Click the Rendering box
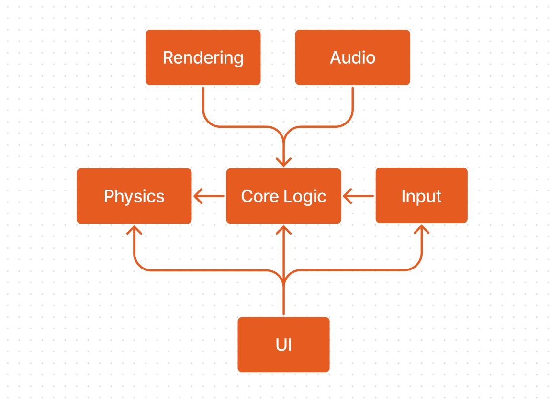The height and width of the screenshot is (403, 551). (x=203, y=57)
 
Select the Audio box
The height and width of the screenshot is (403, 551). (x=352, y=57)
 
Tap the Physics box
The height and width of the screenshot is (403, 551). (x=134, y=196)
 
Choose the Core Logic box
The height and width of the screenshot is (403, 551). (x=283, y=196)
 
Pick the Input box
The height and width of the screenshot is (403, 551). (x=422, y=195)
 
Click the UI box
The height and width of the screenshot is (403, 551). (x=283, y=345)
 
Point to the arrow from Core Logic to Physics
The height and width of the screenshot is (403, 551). (x=209, y=196)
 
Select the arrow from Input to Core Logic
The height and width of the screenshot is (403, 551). (x=358, y=196)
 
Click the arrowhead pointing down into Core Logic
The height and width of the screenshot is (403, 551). (x=283, y=162)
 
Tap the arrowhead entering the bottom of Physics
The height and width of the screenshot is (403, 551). (x=134, y=230)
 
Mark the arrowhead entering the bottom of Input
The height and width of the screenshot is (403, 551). (x=422, y=229)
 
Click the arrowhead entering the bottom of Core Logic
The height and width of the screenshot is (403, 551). (x=283, y=230)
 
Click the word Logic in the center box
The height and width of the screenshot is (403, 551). (x=305, y=197)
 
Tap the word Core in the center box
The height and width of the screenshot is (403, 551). (x=260, y=196)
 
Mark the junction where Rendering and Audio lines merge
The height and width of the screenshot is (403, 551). (x=283, y=141)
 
